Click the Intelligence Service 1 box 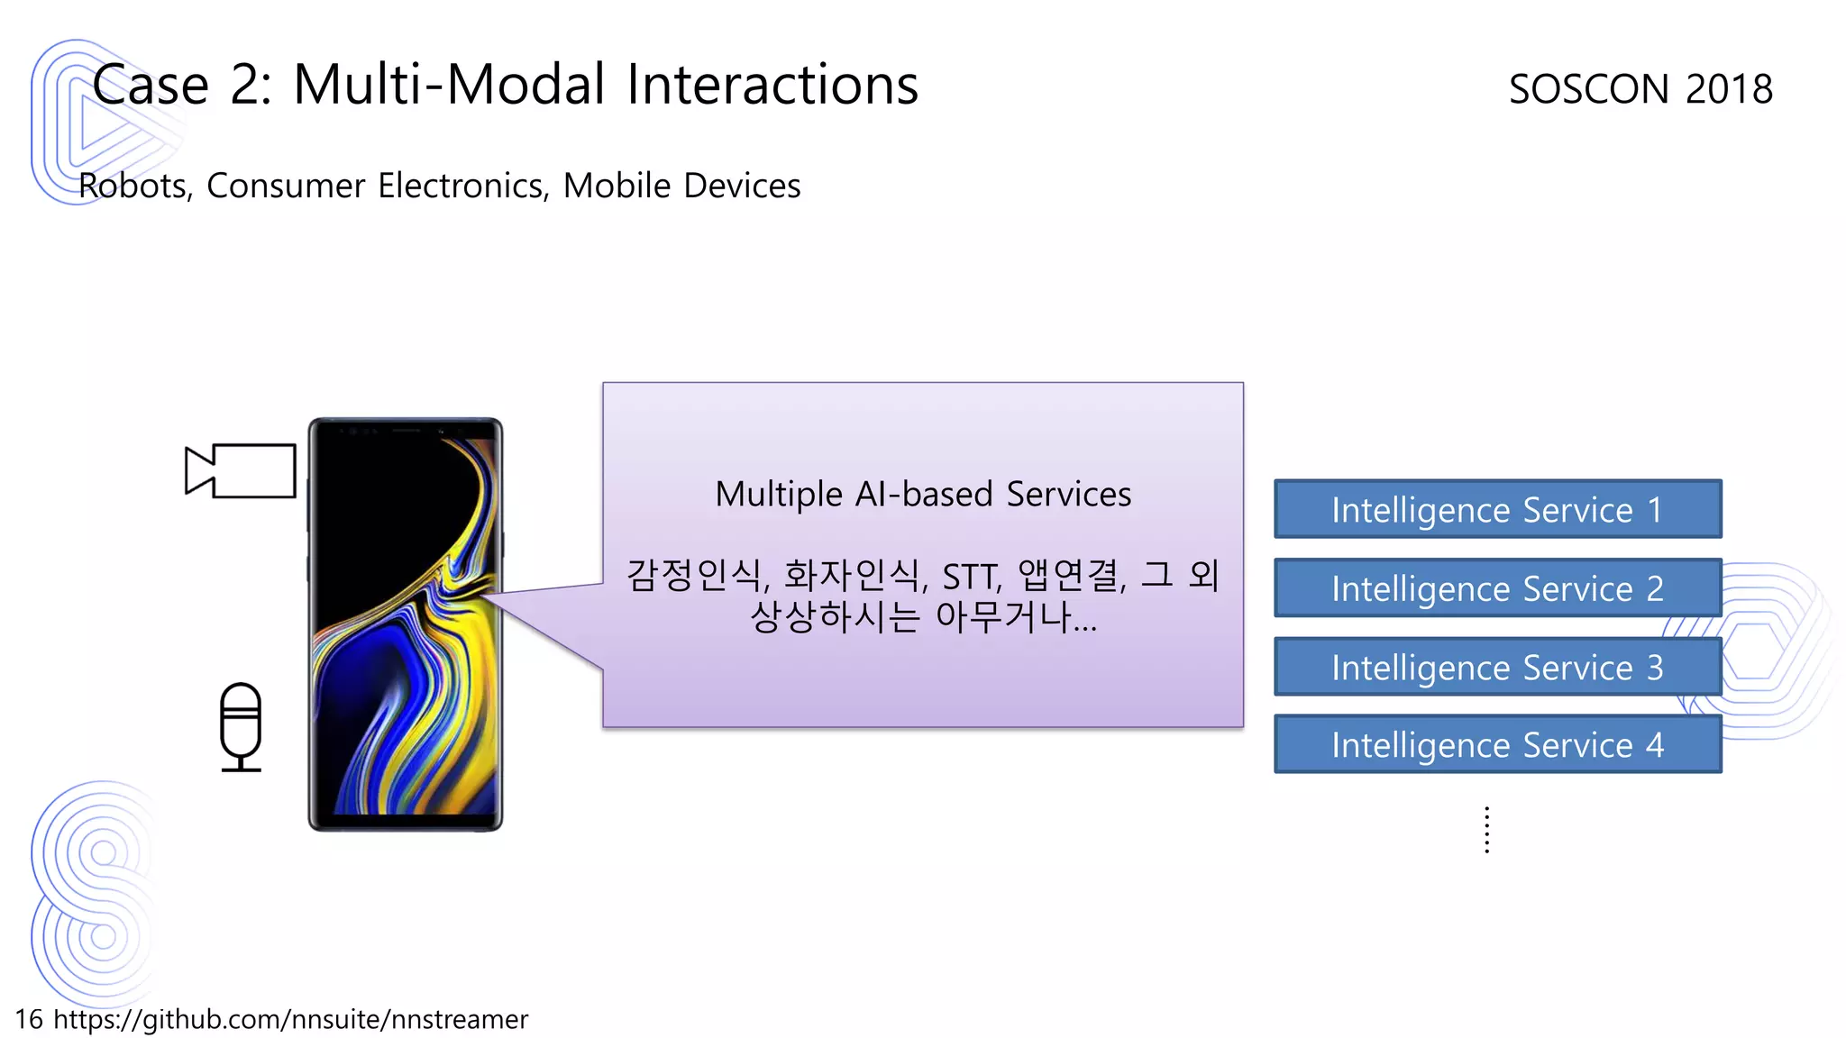[x=1497, y=509]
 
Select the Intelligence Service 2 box [x=1497, y=587]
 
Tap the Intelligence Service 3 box [x=1497, y=667]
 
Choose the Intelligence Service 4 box [x=1497, y=744]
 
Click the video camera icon [x=241, y=470]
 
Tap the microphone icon [x=241, y=726]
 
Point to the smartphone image [x=406, y=624]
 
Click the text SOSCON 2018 [x=1640, y=88]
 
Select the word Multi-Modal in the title [x=448, y=85]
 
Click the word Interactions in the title [x=772, y=85]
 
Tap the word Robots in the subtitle [x=133, y=186]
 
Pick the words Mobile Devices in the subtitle [x=681, y=186]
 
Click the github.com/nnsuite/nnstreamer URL [x=290, y=1019]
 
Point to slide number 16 [x=29, y=1019]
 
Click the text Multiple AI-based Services [x=923, y=494]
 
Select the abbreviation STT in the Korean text [x=970, y=577]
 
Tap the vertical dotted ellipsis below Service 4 [x=1486, y=830]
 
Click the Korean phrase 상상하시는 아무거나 [x=923, y=617]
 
